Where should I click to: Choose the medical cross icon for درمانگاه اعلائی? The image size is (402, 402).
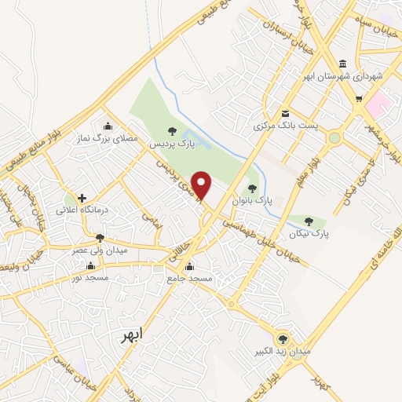81,197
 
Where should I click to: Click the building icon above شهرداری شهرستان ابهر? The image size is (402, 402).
342,64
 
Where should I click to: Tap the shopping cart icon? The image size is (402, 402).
359,99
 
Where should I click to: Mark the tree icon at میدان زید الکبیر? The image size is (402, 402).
283,339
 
